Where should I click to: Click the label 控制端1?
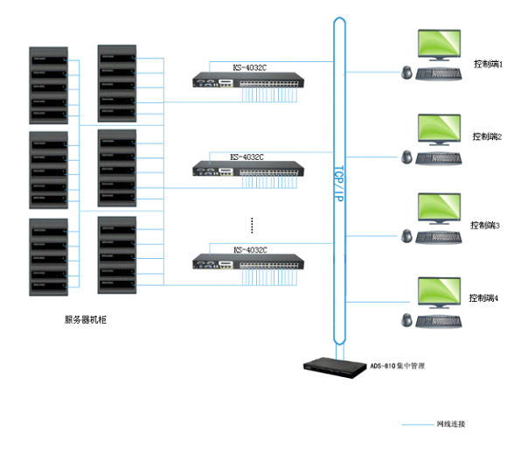coord(488,64)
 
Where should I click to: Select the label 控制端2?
coord(487,136)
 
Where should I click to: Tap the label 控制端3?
coord(485,225)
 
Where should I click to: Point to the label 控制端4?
coord(483,297)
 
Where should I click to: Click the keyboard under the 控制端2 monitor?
coord(439,158)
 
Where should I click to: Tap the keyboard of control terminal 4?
coord(439,320)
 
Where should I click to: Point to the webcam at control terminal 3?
coord(407,236)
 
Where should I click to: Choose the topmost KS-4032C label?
coord(249,67)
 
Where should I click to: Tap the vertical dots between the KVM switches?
coord(251,225)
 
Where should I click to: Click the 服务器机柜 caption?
coord(86,320)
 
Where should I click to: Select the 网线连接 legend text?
coord(451,424)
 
